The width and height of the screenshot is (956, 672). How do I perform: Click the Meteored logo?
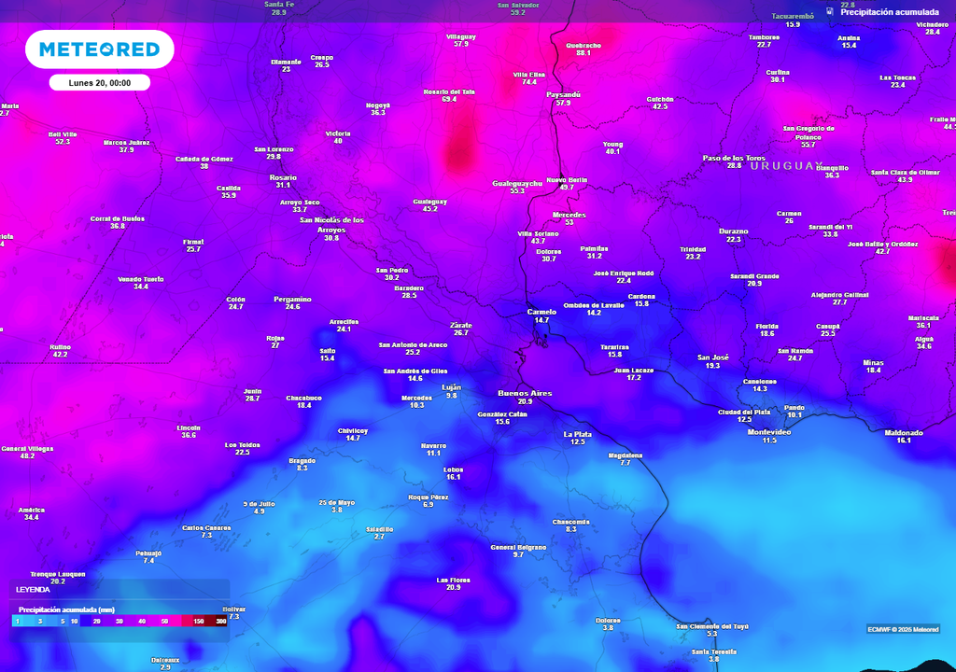[x=99, y=49]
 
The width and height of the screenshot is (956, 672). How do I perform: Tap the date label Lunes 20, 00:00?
[x=99, y=83]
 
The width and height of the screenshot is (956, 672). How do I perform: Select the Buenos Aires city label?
[x=527, y=393]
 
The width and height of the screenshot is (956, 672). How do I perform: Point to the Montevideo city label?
[x=769, y=432]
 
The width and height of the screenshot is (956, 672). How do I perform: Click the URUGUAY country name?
[x=787, y=165]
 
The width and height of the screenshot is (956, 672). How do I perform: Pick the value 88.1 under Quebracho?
[x=583, y=53]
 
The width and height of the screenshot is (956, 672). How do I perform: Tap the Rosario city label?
[x=283, y=177]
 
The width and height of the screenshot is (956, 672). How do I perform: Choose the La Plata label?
[x=578, y=434]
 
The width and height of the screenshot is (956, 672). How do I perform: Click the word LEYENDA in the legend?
[x=34, y=590]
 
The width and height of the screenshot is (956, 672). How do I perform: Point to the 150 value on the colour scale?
[x=199, y=621]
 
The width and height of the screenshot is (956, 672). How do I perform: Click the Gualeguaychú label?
[x=517, y=184]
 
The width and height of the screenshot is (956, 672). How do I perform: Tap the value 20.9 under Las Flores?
[x=454, y=588]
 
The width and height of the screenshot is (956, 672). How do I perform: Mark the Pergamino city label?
[x=292, y=299]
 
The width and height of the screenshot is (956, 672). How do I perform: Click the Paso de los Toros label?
[x=734, y=158]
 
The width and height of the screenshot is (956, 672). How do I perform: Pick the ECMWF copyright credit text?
[x=903, y=628]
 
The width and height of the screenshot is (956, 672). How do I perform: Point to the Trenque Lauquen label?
[x=58, y=574]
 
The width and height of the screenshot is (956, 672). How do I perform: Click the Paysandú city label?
[x=563, y=94]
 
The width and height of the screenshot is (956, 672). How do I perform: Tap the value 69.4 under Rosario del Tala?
[x=449, y=99]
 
